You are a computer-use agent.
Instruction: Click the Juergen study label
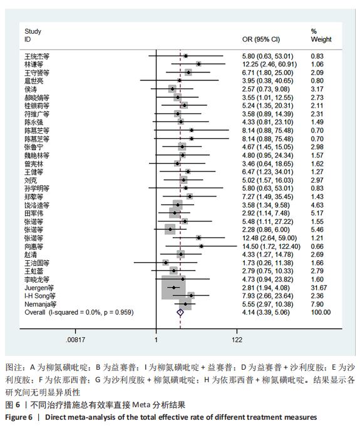(39, 288)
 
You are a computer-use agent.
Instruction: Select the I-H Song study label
(40, 296)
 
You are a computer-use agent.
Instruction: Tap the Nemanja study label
(41, 304)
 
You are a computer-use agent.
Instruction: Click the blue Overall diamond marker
(180, 313)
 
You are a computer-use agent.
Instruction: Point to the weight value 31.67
(319, 288)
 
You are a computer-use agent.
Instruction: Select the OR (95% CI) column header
(261, 39)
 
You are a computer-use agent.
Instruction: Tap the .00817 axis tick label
(75, 340)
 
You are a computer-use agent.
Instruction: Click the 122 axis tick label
(237, 340)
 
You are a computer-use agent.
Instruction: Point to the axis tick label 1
(156, 340)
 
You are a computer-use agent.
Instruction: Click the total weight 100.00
(321, 313)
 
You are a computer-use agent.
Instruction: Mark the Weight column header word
(321, 39)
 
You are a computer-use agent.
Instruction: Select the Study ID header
(33, 35)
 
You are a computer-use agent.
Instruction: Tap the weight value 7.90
(317, 304)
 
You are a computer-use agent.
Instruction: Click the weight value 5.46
(317, 230)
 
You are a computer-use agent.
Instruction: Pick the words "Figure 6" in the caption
(19, 417)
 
